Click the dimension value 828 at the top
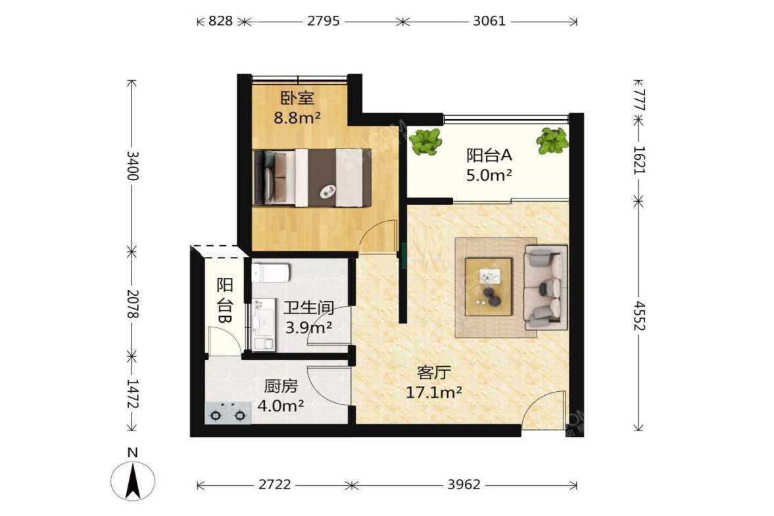coord(220,21)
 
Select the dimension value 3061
coord(489,21)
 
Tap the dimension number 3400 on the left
coord(132,166)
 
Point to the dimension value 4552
coord(639,316)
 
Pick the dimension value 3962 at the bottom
coord(464,484)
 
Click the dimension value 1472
coord(132,394)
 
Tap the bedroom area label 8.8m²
coord(298,118)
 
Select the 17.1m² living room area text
coord(434,392)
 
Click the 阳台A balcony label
coord(489,155)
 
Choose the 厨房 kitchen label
coord(281,386)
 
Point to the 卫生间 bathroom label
coord(309,308)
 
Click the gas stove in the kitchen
coord(228,413)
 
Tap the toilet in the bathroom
coord(270,272)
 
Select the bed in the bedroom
coord(312,177)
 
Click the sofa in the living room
coord(545,287)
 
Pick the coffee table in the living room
coord(489,286)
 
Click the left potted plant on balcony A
coord(425,141)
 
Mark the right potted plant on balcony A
coord(553,140)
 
